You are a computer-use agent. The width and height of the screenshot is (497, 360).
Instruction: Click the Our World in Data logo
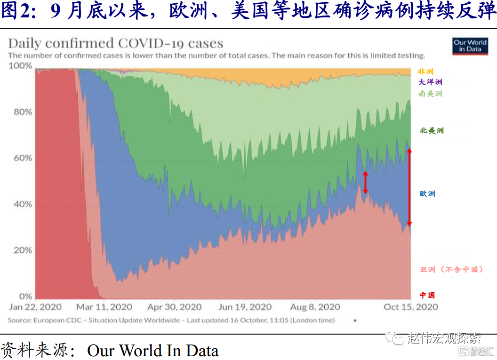(x=470, y=46)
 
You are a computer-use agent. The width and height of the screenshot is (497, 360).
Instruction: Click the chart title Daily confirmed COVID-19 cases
(x=116, y=43)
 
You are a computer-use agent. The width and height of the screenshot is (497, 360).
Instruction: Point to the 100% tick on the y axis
(x=21, y=66)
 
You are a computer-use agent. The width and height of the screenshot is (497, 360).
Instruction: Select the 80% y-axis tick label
(x=22, y=112)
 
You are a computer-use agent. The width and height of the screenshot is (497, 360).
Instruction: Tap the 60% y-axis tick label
(x=22, y=158)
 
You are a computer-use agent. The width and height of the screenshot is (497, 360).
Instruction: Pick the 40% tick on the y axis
(x=22, y=204)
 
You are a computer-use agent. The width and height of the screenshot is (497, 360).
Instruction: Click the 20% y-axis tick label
(x=22, y=250)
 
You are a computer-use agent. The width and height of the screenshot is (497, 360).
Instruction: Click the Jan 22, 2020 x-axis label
(x=35, y=307)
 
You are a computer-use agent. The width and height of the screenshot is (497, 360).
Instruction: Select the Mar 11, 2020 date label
(x=104, y=307)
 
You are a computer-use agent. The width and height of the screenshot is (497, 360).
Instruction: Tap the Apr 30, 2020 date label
(x=174, y=307)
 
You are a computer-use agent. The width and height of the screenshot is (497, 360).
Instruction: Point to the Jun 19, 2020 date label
(x=245, y=307)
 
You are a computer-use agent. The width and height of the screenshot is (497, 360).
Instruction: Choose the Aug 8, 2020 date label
(x=315, y=307)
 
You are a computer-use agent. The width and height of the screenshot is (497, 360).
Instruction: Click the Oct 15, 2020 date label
(x=411, y=307)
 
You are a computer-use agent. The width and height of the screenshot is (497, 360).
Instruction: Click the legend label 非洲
(x=426, y=72)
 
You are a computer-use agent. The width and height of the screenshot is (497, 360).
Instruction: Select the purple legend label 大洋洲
(x=431, y=82)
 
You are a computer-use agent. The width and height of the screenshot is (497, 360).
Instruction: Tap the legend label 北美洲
(x=432, y=130)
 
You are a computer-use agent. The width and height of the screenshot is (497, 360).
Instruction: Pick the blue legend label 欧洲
(x=427, y=193)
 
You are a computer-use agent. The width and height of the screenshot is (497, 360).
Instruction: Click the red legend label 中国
(x=427, y=295)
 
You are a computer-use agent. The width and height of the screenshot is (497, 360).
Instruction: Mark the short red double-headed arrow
(x=365, y=183)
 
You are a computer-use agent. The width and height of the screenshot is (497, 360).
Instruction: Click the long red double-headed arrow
(x=409, y=187)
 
